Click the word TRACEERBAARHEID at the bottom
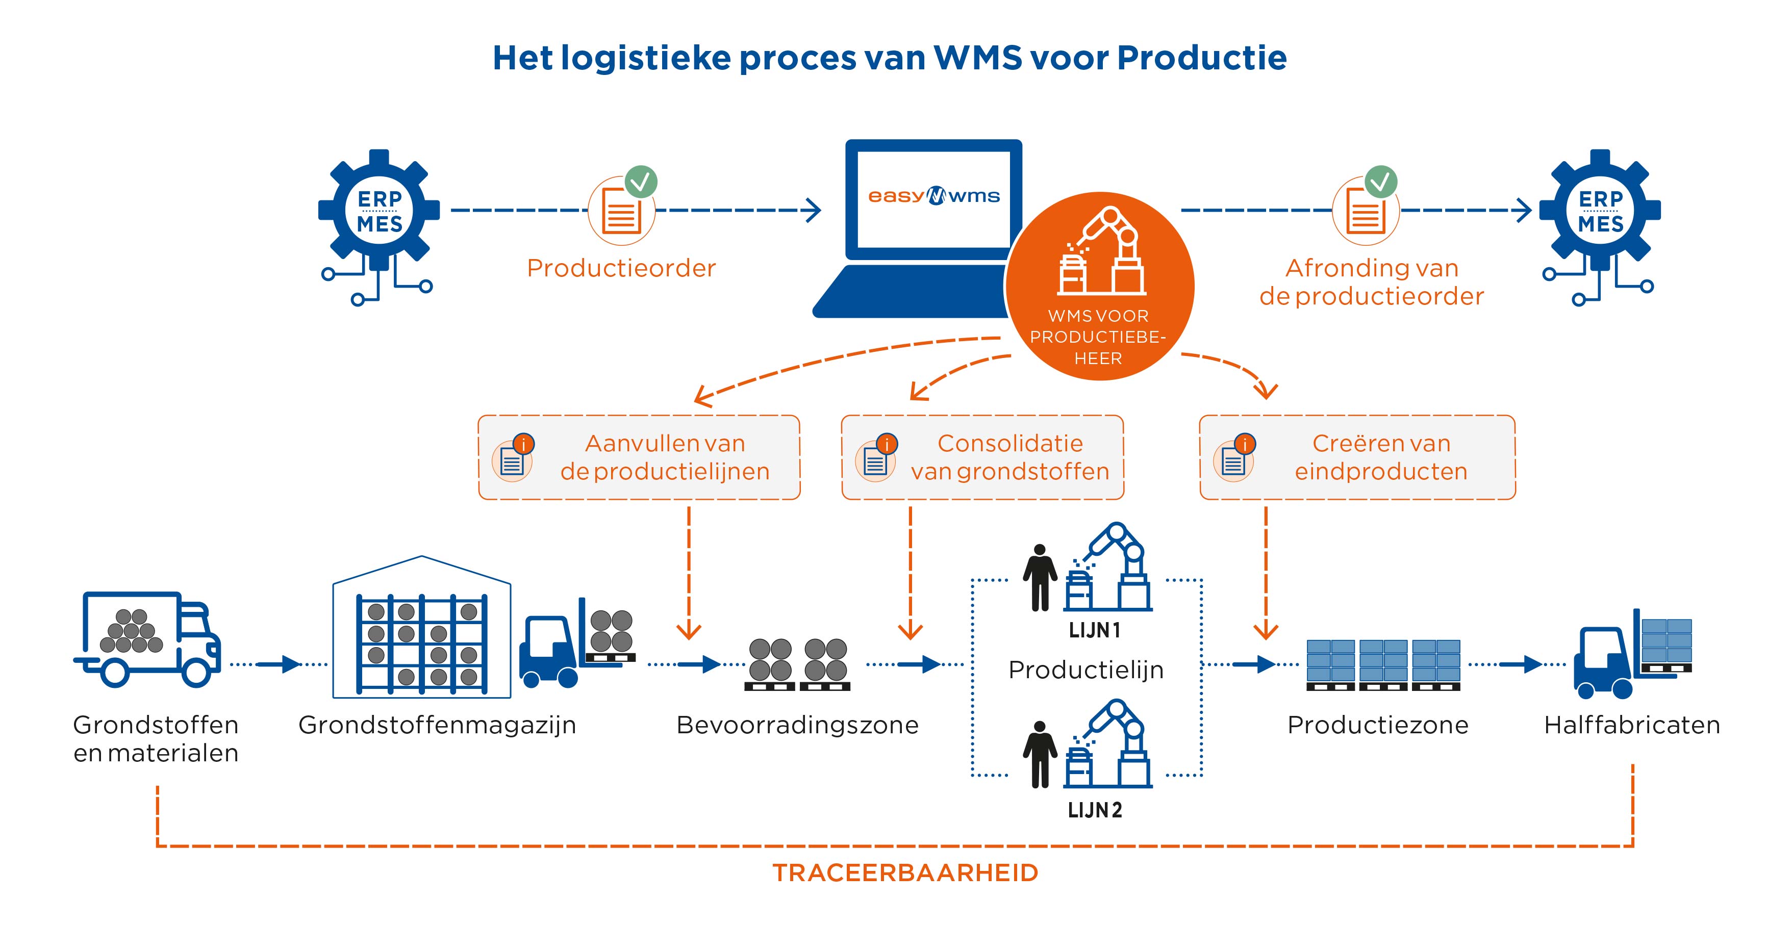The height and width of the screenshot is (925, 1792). [x=905, y=872]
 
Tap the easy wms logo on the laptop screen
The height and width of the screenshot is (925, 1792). [x=933, y=196]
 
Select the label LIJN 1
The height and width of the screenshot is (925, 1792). [x=1094, y=630]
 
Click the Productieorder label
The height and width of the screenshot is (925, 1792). [x=621, y=268]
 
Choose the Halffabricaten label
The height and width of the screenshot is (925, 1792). [x=1632, y=725]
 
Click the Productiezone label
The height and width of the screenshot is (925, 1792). [x=1377, y=725]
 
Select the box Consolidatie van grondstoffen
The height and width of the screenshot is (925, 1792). [x=982, y=457]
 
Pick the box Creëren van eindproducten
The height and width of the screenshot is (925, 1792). [x=1357, y=457]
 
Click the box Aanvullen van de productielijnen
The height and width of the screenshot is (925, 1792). [x=639, y=457]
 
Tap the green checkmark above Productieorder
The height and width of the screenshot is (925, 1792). [x=641, y=182]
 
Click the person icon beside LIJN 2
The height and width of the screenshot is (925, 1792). [x=1039, y=755]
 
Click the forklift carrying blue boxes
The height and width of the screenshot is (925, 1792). [x=1632, y=654]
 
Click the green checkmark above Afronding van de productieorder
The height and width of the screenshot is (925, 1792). [x=1380, y=182]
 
